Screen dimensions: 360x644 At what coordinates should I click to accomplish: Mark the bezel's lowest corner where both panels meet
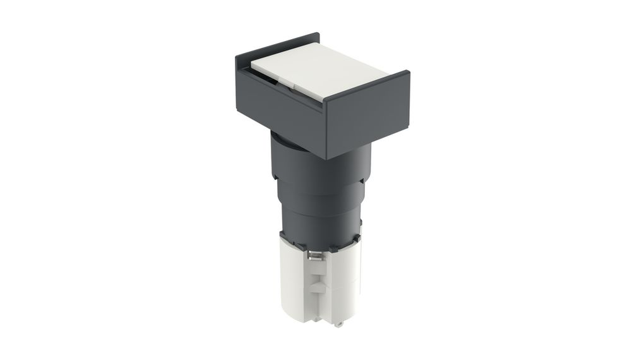coord(325,156)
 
